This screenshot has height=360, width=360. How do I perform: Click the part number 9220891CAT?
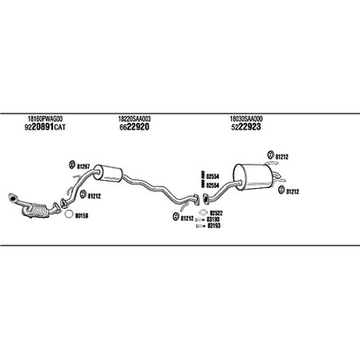45,128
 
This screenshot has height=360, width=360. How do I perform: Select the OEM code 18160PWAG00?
45,119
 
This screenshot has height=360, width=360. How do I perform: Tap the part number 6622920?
134,127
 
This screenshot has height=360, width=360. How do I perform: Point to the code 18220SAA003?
135,119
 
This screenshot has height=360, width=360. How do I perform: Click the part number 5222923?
246,127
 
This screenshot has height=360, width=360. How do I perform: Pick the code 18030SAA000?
247,119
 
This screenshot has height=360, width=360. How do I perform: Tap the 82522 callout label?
216,213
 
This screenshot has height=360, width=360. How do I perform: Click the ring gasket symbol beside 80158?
68,214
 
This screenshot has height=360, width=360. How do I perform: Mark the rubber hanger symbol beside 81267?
72,165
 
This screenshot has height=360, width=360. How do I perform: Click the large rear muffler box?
252,177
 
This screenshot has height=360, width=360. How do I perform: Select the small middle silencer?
107,173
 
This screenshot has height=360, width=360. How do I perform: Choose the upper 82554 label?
212,175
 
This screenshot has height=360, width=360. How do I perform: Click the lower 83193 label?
214,226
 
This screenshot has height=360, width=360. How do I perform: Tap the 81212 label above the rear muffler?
282,157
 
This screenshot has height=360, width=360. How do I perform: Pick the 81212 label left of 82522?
187,219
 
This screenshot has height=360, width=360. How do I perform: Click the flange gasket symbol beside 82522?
202,212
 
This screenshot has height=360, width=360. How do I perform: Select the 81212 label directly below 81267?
94,196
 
